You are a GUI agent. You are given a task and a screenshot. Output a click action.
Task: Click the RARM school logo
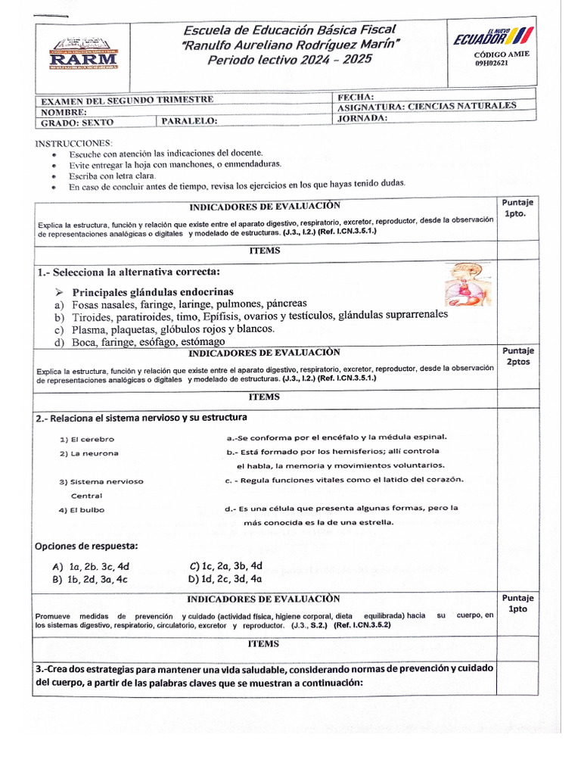pyautogui.click(x=83, y=55)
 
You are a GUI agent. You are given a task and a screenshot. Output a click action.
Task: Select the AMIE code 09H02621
pyautogui.click(x=492, y=64)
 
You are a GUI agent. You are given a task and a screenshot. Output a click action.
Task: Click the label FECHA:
pyautogui.click(x=355, y=97)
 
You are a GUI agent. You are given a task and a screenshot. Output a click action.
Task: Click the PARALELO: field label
pyautogui.click(x=190, y=120)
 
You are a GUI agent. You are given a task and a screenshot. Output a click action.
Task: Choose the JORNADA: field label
pyautogui.click(x=362, y=118)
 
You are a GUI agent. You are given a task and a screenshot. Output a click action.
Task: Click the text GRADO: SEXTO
pyautogui.click(x=71, y=121)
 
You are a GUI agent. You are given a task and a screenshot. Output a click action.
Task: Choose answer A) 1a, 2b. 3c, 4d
pyautogui.click(x=91, y=566)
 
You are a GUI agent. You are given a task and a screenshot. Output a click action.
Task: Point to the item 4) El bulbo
pyautogui.click(x=82, y=509)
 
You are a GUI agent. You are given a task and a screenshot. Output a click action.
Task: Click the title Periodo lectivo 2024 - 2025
pyautogui.click(x=290, y=59)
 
